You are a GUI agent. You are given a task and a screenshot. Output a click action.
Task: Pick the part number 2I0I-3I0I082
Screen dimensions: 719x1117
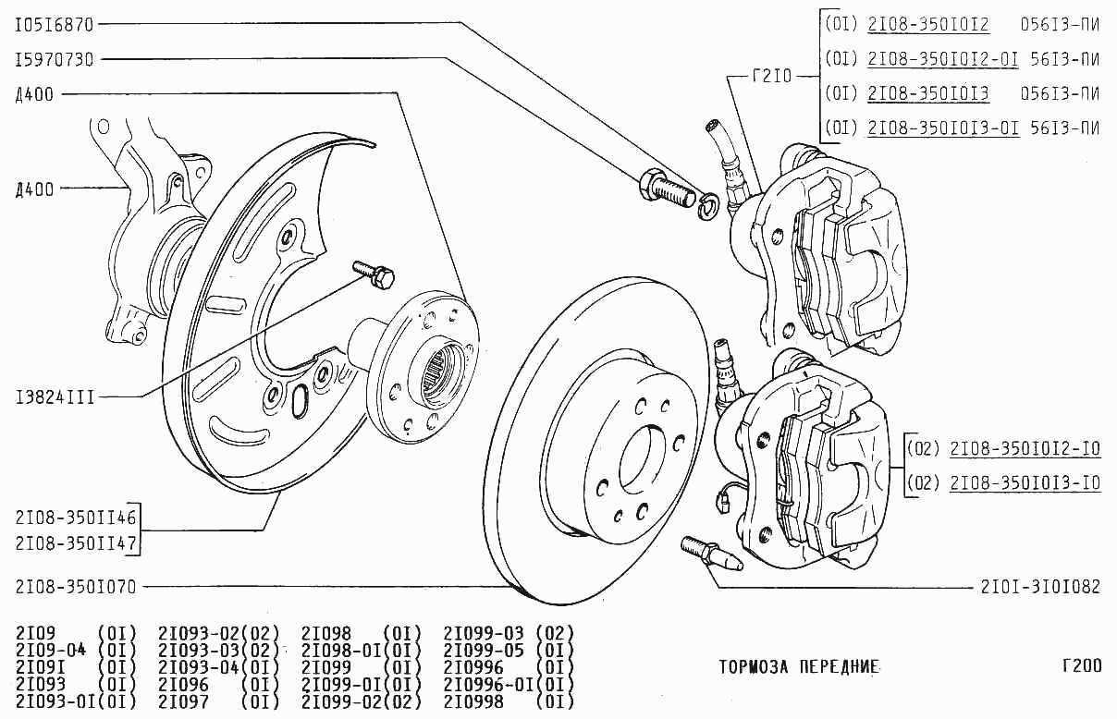(x=1040, y=586)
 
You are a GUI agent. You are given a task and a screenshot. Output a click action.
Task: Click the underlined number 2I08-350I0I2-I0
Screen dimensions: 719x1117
(x=1025, y=450)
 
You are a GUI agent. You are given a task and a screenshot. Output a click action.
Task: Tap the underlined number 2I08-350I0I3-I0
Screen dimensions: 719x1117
(x=1025, y=482)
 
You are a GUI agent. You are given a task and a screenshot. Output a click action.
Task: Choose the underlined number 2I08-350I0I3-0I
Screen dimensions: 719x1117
(x=943, y=128)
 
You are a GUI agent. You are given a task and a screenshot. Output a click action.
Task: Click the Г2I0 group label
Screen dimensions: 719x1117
(x=772, y=77)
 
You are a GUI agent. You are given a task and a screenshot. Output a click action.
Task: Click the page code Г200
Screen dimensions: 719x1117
(x=1081, y=665)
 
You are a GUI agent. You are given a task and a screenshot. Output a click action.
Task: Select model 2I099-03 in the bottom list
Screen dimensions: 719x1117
(x=485, y=633)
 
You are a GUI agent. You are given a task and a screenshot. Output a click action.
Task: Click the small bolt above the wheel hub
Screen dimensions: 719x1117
(x=375, y=273)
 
